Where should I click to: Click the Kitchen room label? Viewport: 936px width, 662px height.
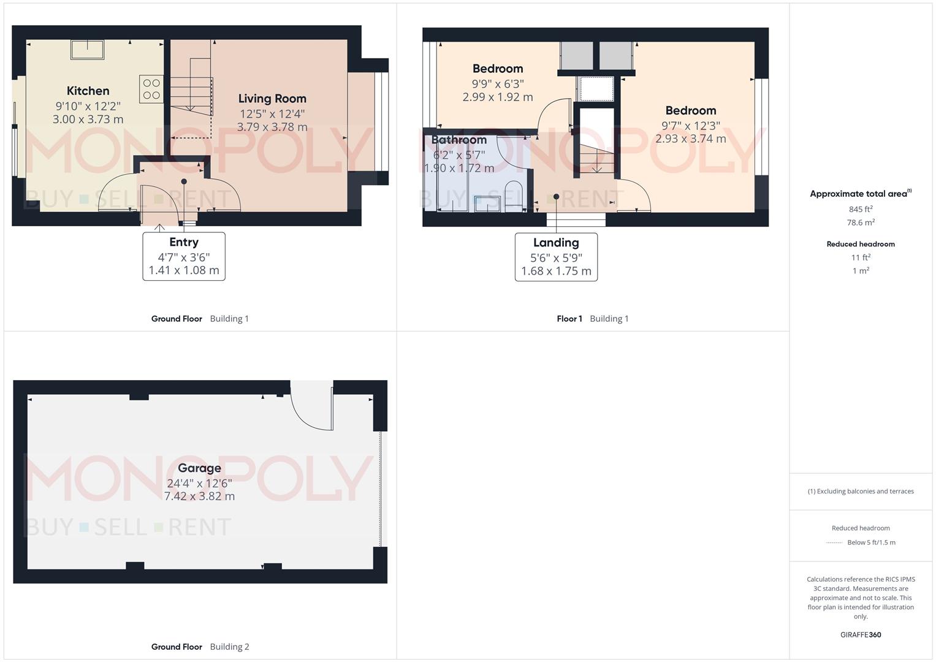(x=88, y=91)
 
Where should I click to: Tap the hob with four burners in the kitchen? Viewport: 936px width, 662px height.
(x=151, y=89)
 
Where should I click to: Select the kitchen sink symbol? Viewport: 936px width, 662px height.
(x=87, y=49)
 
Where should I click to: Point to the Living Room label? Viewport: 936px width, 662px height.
(x=272, y=99)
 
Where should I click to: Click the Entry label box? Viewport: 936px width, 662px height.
(x=184, y=256)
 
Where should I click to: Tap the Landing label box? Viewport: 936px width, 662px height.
(x=556, y=257)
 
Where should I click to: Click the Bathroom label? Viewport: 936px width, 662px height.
(x=459, y=140)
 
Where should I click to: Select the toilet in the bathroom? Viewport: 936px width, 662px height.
(x=513, y=194)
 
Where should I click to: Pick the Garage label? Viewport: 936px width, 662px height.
(x=199, y=468)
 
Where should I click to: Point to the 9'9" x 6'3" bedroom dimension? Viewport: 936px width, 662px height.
(x=498, y=84)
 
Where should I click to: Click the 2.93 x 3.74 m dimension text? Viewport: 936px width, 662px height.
(x=691, y=139)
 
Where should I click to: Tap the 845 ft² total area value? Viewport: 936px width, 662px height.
(x=861, y=209)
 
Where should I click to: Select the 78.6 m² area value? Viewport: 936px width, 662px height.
(x=861, y=223)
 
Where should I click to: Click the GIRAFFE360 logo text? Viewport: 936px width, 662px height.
(x=861, y=634)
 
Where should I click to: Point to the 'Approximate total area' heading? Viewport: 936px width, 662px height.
(x=859, y=194)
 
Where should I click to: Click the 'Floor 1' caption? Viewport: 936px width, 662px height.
(x=569, y=319)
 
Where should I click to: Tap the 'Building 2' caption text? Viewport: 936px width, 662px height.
(x=229, y=647)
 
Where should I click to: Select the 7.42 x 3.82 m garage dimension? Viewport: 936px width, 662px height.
(x=199, y=496)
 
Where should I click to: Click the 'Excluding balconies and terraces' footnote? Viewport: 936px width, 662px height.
(x=861, y=491)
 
